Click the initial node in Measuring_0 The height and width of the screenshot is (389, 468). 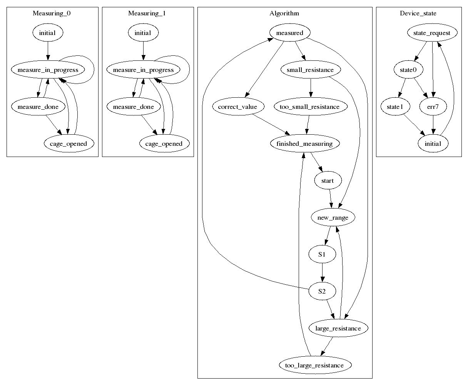click(47, 33)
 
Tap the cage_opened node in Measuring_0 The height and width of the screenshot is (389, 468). click(69, 144)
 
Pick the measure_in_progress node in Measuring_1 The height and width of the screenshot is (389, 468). click(143, 70)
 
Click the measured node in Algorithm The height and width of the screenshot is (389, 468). click(290, 33)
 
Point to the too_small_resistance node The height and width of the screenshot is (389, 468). click(311, 107)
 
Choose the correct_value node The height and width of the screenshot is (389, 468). click(237, 107)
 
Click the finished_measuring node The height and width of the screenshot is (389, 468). click(304, 144)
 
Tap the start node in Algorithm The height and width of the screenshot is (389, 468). click(328, 180)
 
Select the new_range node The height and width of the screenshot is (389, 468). click(333, 217)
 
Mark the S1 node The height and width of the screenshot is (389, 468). click(322, 254)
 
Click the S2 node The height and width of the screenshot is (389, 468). click(322, 291)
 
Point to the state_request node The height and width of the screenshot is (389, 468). click(432, 33)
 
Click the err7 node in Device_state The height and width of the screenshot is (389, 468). click(433, 107)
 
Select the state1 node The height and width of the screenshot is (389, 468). click(395, 107)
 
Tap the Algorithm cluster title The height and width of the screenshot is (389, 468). click(284, 13)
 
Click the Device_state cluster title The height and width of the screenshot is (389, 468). click(418, 13)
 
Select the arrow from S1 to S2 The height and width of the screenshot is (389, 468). click(323, 273)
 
